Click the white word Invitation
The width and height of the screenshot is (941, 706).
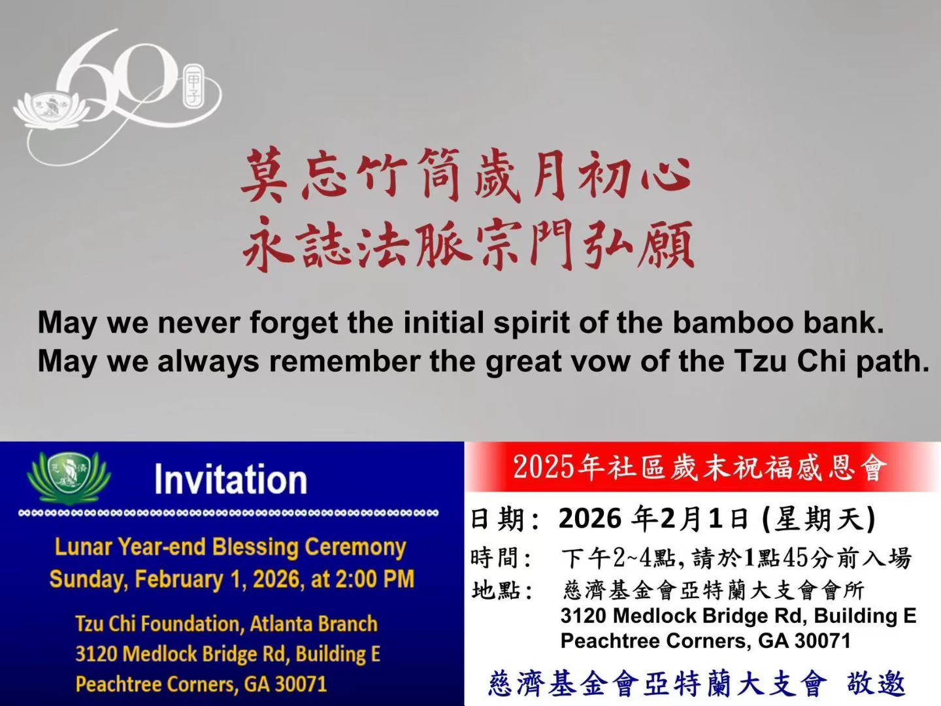coord(231,479)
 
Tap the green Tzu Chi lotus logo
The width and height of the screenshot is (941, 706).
coord(69,477)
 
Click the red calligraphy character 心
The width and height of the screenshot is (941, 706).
coord(665,175)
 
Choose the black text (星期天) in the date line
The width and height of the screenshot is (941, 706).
coord(818,519)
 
